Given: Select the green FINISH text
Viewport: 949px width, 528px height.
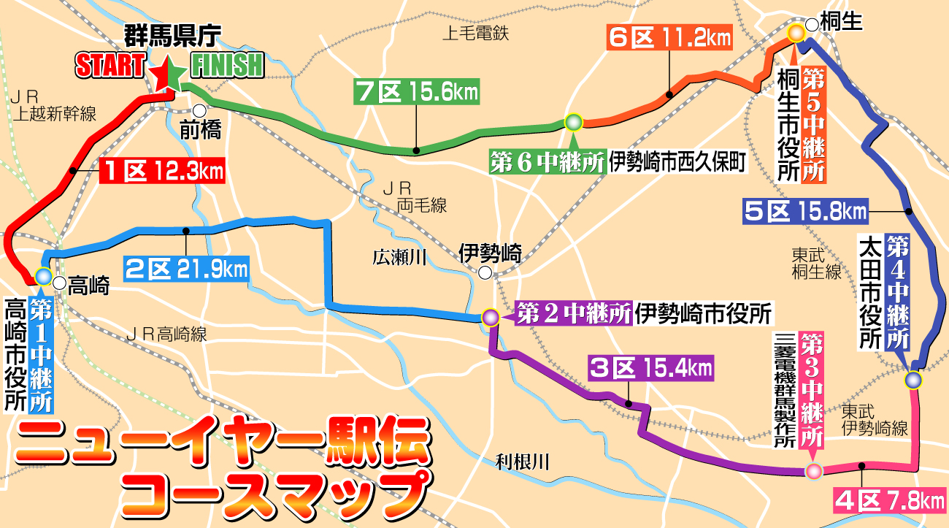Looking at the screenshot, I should (x=226, y=66).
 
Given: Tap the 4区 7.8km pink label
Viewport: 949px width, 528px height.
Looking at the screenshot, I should (x=889, y=502).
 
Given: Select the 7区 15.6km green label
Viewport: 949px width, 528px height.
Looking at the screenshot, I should (x=416, y=93).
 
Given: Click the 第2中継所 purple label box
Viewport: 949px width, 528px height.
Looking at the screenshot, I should (x=573, y=315).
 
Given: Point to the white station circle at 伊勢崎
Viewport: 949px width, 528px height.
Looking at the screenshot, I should (x=485, y=274).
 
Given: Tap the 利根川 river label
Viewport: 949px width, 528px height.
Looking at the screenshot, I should (x=521, y=461).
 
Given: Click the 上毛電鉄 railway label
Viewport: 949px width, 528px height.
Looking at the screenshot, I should (x=476, y=32).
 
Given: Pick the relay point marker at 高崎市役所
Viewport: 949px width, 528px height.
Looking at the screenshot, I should (x=43, y=276).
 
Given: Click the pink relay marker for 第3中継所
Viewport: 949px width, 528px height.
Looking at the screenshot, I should (x=812, y=471).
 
